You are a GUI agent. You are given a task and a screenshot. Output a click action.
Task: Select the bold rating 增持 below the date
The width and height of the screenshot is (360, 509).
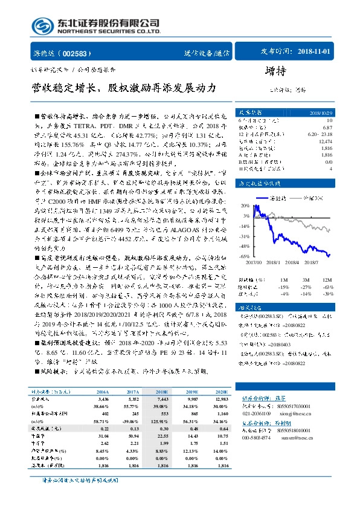tap(275, 71)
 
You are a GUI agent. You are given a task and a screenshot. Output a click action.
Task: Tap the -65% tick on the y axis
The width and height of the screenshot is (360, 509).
tap(243, 256)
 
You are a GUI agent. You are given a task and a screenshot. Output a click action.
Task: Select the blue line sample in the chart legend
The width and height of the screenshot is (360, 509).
tap(263, 198)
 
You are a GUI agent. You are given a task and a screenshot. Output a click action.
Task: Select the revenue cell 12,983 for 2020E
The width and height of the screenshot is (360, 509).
tap(221, 400)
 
